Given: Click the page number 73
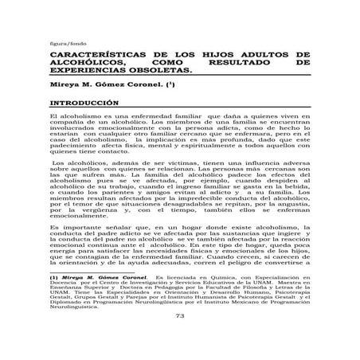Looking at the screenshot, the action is tap(179, 338).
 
